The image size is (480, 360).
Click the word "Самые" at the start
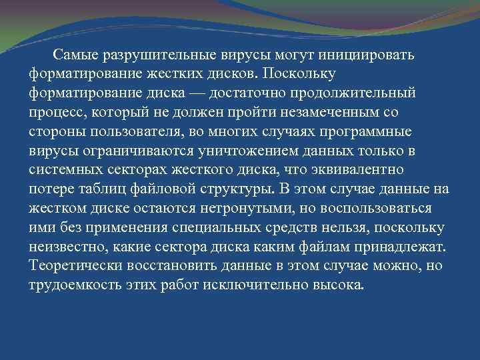click(75, 53)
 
